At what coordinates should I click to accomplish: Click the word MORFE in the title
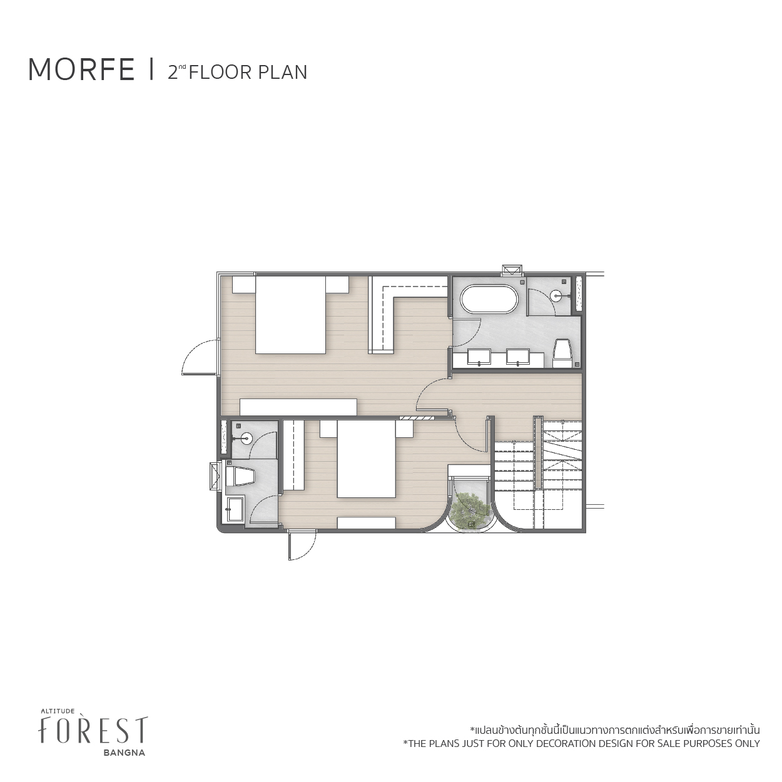[81, 70]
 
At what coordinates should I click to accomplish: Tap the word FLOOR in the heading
[215, 72]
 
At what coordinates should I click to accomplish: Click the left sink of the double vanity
[480, 357]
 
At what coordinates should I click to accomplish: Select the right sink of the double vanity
[518, 357]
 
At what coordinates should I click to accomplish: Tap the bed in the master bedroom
[290, 315]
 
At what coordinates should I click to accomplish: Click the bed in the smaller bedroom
[367, 459]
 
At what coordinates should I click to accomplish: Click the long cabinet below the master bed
[298, 407]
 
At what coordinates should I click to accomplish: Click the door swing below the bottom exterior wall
[302, 546]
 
